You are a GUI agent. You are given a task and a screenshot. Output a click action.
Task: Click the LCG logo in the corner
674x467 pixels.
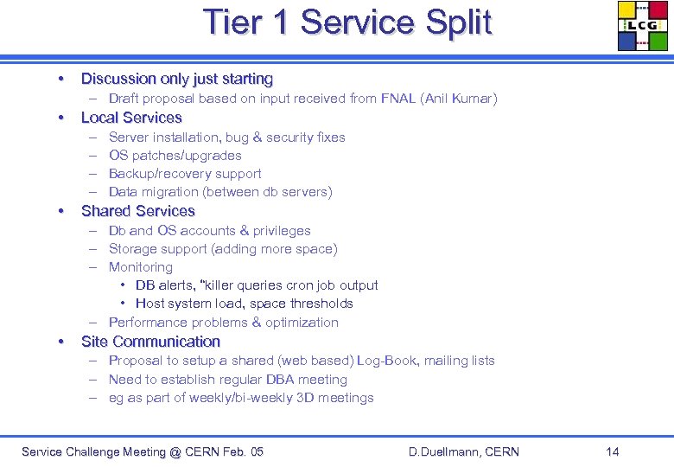click(643, 26)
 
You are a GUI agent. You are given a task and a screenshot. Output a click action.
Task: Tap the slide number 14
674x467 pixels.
click(613, 451)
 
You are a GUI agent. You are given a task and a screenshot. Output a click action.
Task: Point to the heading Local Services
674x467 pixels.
click(131, 118)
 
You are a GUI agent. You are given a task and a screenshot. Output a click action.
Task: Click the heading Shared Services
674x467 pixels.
click(138, 211)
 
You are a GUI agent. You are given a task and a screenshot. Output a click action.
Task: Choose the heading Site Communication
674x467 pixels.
click(150, 342)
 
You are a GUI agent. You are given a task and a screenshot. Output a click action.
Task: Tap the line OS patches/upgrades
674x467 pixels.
click(175, 156)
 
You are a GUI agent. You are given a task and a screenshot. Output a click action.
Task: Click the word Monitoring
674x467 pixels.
click(141, 267)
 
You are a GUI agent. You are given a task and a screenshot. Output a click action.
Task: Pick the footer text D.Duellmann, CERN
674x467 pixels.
click(464, 451)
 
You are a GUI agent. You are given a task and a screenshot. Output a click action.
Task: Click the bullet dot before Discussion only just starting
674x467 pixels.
click(60, 79)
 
